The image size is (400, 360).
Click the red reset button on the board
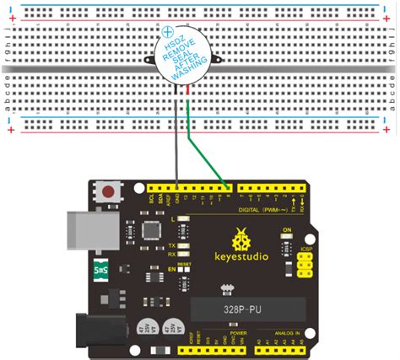click(x=107, y=191)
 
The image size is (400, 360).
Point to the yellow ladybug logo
click(x=242, y=234)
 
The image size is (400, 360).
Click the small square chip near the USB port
click(x=150, y=229)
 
